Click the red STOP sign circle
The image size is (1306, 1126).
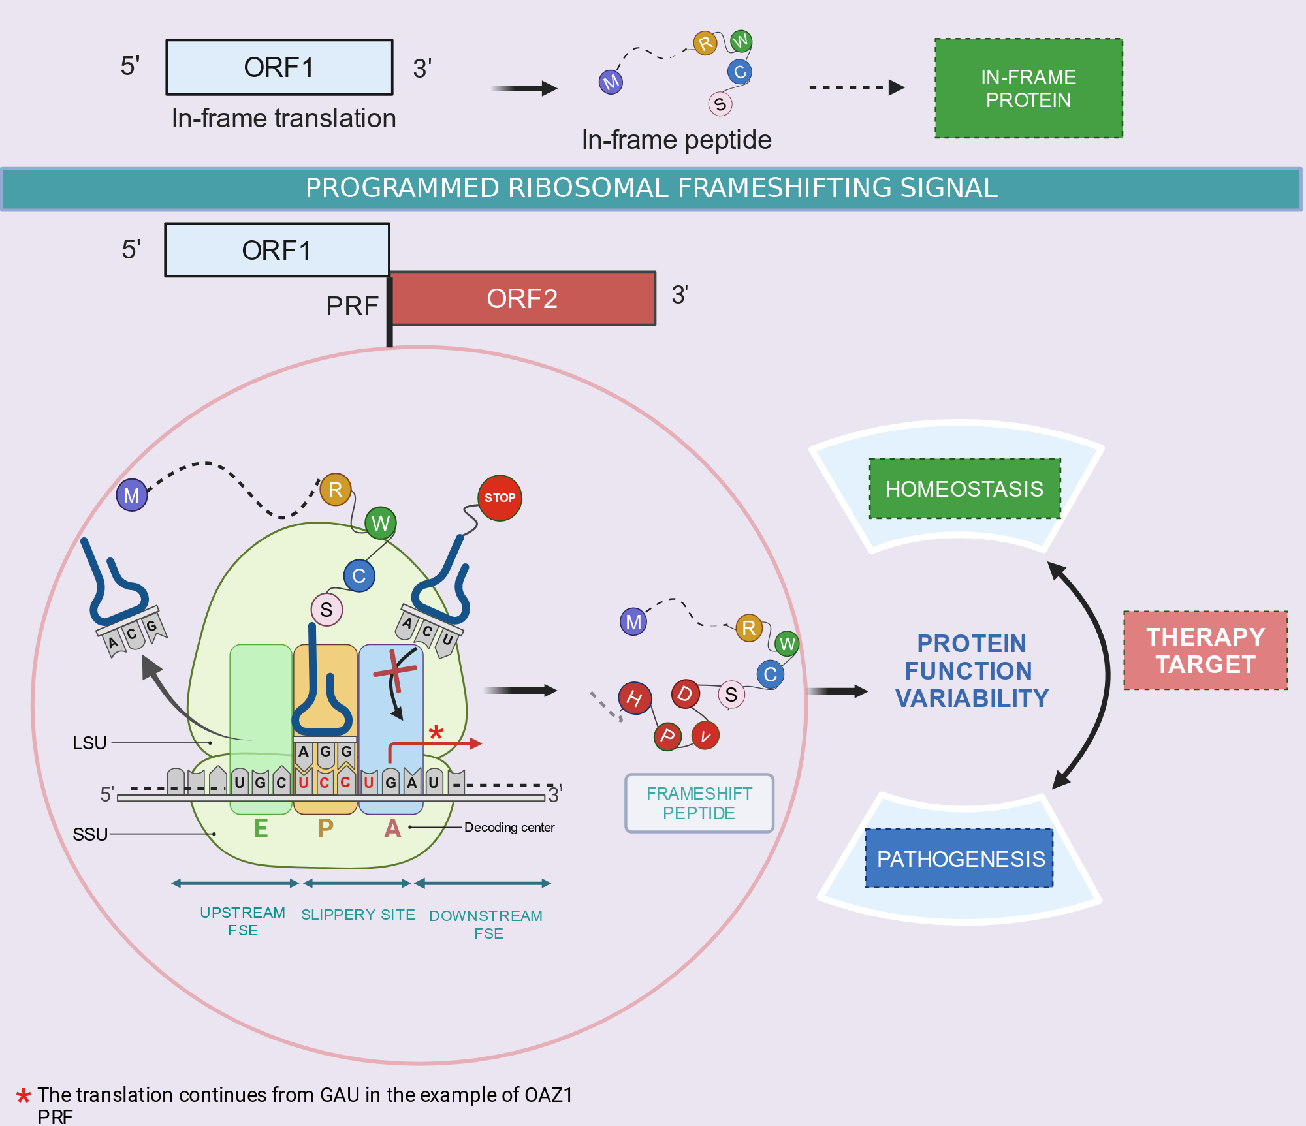[x=500, y=498]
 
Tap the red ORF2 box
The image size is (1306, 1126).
[x=522, y=298]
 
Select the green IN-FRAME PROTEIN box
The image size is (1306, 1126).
[x=1028, y=88]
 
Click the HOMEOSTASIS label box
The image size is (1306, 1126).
[x=964, y=489]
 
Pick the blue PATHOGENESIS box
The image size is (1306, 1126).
[x=959, y=858]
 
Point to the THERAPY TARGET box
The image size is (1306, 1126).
[x=1205, y=650]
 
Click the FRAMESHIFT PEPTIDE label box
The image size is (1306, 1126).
[x=699, y=803]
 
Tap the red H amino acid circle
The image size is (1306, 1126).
[x=635, y=698]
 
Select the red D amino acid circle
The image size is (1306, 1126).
[x=685, y=693]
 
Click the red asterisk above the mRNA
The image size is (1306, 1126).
[x=436, y=732]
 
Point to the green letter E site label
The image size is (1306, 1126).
[x=261, y=828]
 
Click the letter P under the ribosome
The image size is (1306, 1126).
[x=325, y=828]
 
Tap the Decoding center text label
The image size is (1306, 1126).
[x=509, y=827]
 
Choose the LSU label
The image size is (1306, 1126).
[x=89, y=743]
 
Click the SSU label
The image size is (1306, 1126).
[x=90, y=834]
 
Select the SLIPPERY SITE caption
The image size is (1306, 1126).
[x=358, y=915]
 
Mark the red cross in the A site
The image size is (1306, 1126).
[x=394, y=672]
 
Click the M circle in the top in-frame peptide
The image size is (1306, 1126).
[x=611, y=82]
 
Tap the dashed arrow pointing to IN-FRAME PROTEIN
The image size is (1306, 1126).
[x=857, y=87]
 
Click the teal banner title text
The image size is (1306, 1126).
[x=652, y=188]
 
